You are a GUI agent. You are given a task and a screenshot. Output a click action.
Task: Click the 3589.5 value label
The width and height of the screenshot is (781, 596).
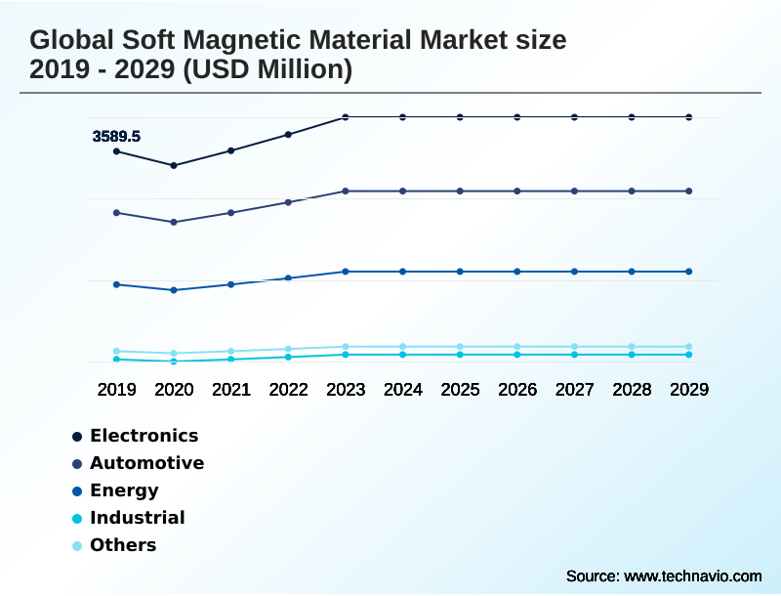click(x=116, y=137)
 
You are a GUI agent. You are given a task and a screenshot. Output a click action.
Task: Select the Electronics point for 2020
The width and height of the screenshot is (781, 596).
click(x=174, y=165)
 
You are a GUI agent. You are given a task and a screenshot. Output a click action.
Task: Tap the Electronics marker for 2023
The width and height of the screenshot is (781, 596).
click(x=346, y=117)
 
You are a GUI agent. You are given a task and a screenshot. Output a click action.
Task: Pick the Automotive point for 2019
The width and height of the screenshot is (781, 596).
click(x=116, y=212)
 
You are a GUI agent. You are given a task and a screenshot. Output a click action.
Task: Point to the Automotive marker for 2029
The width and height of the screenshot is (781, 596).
click(x=689, y=191)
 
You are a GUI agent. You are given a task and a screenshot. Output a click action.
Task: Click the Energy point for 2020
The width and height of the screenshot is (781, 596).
click(x=174, y=290)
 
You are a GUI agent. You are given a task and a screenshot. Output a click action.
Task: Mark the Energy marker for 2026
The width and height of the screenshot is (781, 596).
click(x=517, y=271)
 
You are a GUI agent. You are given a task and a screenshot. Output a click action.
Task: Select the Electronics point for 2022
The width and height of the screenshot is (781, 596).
click(x=288, y=134)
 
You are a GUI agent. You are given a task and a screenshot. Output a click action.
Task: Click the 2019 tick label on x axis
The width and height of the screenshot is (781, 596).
click(x=116, y=389)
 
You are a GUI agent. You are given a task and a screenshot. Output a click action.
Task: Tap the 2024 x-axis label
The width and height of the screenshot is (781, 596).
click(x=403, y=389)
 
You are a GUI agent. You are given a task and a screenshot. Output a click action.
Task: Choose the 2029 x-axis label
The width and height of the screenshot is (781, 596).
click(x=689, y=389)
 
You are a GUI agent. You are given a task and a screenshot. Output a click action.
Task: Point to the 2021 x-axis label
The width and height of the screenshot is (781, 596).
click(x=231, y=389)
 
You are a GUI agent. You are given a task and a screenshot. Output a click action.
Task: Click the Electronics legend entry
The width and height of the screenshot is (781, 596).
click(x=144, y=436)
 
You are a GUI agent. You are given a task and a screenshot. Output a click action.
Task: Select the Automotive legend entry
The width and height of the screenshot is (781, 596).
click(x=146, y=463)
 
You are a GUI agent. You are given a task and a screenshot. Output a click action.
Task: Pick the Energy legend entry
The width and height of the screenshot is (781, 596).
click(x=124, y=490)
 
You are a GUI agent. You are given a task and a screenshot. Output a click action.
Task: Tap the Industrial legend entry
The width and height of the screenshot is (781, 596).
click(x=137, y=518)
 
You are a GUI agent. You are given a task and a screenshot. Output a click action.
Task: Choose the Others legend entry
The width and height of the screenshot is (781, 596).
click(x=123, y=545)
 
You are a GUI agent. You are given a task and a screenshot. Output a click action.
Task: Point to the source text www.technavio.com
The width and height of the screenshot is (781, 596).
click(x=692, y=575)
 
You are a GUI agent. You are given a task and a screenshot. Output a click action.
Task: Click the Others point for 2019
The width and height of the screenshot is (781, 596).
click(x=116, y=351)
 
